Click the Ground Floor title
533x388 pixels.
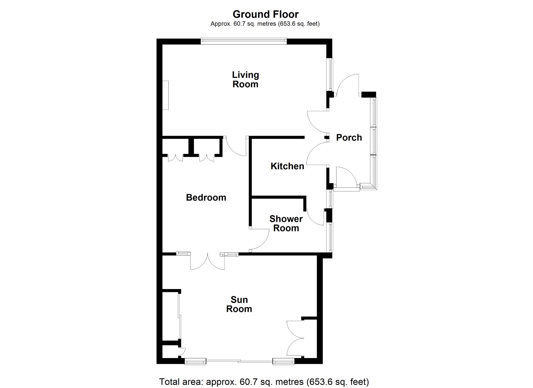point(265,14)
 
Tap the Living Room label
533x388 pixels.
point(245,79)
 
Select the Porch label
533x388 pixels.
point(349,137)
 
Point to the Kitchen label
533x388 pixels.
point(287,166)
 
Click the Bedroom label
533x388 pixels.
point(206,197)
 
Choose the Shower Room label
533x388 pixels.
point(286,223)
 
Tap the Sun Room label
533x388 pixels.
point(239,304)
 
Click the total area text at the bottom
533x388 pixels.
point(264,382)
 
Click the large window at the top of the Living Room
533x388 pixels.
point(244,41)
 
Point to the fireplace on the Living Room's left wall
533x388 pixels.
point(166,95)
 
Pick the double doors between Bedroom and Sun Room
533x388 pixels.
point(207,261)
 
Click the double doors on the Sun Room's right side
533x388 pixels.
point(295,338)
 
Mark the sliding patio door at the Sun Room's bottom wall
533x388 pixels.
point(239,361)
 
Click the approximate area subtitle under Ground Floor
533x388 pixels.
point(265,24)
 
